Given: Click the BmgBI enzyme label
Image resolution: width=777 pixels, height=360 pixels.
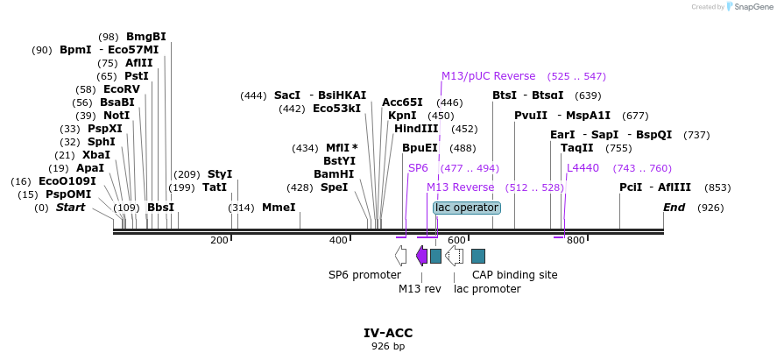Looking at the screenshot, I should pos(145,37).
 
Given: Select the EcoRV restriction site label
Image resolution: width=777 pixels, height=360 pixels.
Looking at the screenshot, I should pos(121,89).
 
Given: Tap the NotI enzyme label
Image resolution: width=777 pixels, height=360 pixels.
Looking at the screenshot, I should pos(116,116).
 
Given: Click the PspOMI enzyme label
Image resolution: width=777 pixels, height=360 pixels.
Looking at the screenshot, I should pos(68,194).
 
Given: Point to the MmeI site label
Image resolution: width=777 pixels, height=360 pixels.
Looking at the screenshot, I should pos(279,208).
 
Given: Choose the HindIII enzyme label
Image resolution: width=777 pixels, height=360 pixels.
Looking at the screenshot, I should pos(416,129).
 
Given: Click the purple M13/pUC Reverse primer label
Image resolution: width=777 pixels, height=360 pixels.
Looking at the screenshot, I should pos(488,76).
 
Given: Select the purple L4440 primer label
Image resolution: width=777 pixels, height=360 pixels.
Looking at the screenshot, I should pos(583,168).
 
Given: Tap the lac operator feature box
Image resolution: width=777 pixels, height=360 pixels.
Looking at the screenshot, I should pos(467,208).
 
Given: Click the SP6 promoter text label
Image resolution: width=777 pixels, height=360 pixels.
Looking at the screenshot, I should pos(364,275).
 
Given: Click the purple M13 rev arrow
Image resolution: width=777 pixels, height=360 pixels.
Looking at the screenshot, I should pos(422,256).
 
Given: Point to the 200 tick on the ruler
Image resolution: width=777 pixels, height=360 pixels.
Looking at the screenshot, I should pos(220,240).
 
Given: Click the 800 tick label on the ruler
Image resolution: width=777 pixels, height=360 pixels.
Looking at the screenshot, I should pos(575,240).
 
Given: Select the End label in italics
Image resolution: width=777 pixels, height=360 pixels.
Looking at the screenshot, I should pos(674,208).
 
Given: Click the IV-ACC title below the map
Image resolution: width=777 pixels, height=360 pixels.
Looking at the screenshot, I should pos(388,333).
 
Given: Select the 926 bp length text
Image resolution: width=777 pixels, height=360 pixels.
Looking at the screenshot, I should pos(388,347).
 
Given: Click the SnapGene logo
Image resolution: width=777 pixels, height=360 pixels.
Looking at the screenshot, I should pos(749,7).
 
